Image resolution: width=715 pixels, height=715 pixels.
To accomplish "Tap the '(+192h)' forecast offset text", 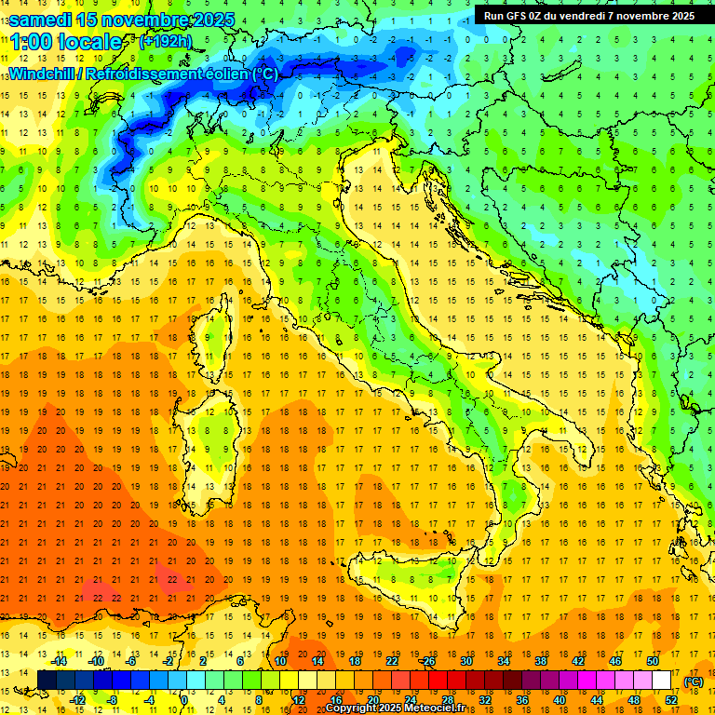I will pyautogui.click(x=165, y=41).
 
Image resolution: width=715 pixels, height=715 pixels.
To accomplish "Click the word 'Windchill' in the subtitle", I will pyautogui.click(x=44, y=74).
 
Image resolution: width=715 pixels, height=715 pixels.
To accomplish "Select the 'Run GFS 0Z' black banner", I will pyautogui.click(x=588, y=16).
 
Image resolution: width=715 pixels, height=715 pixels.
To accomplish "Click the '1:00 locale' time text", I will pyautogui.click(x=66, y=42).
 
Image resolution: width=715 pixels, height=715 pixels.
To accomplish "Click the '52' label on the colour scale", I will pyautogui.click(x=672, y=700).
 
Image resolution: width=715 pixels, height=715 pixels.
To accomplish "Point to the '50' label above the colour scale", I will pyautogui.click(x=653, y=660).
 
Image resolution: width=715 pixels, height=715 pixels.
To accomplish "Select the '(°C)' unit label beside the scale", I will pyautogui.click(x=694, y=681).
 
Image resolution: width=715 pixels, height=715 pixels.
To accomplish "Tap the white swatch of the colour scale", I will pyautogui.click(x=662, y=681).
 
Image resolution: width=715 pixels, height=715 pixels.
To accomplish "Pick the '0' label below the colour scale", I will pyautogui.click(x=183, y=700).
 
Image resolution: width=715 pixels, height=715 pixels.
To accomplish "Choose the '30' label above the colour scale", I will pyautogui.click(x=465, y=660).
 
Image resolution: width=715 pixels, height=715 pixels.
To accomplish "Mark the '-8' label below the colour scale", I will pyautogui.click(x=113, y=700).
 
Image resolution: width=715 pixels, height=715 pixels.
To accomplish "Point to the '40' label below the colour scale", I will pyautogui.click(x=560, y=700).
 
